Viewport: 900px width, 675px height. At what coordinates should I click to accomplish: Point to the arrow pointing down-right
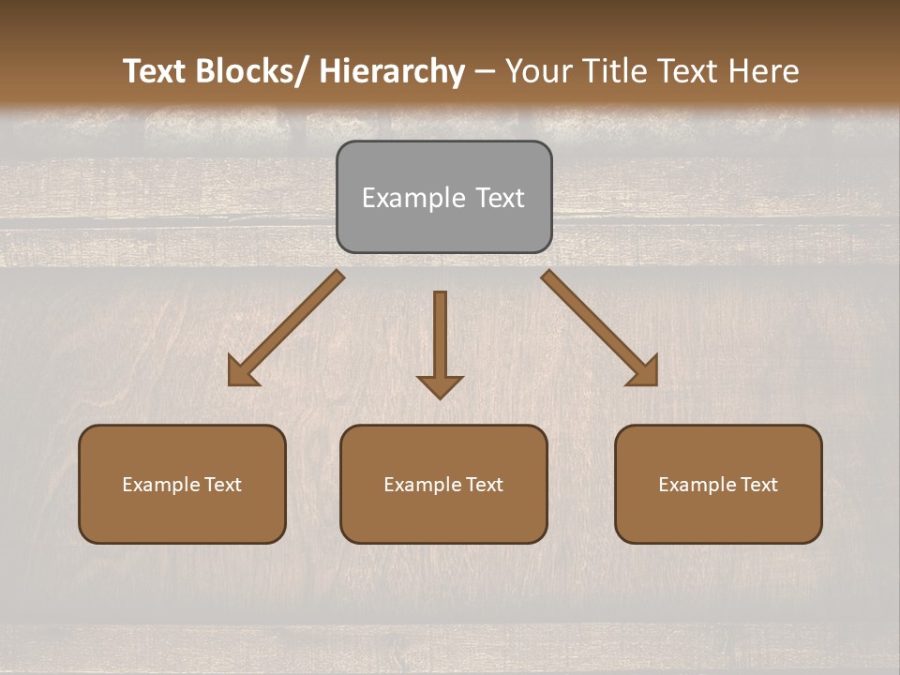[x=598, y=326]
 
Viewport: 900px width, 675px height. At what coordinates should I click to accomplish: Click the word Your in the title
[x=538, y=71]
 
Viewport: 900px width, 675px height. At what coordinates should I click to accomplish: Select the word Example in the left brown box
[x=161, y=485]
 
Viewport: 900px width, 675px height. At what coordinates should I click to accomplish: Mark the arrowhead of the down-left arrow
[x=242, y=373]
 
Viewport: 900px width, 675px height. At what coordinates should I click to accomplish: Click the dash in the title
[x=485, y=71]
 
